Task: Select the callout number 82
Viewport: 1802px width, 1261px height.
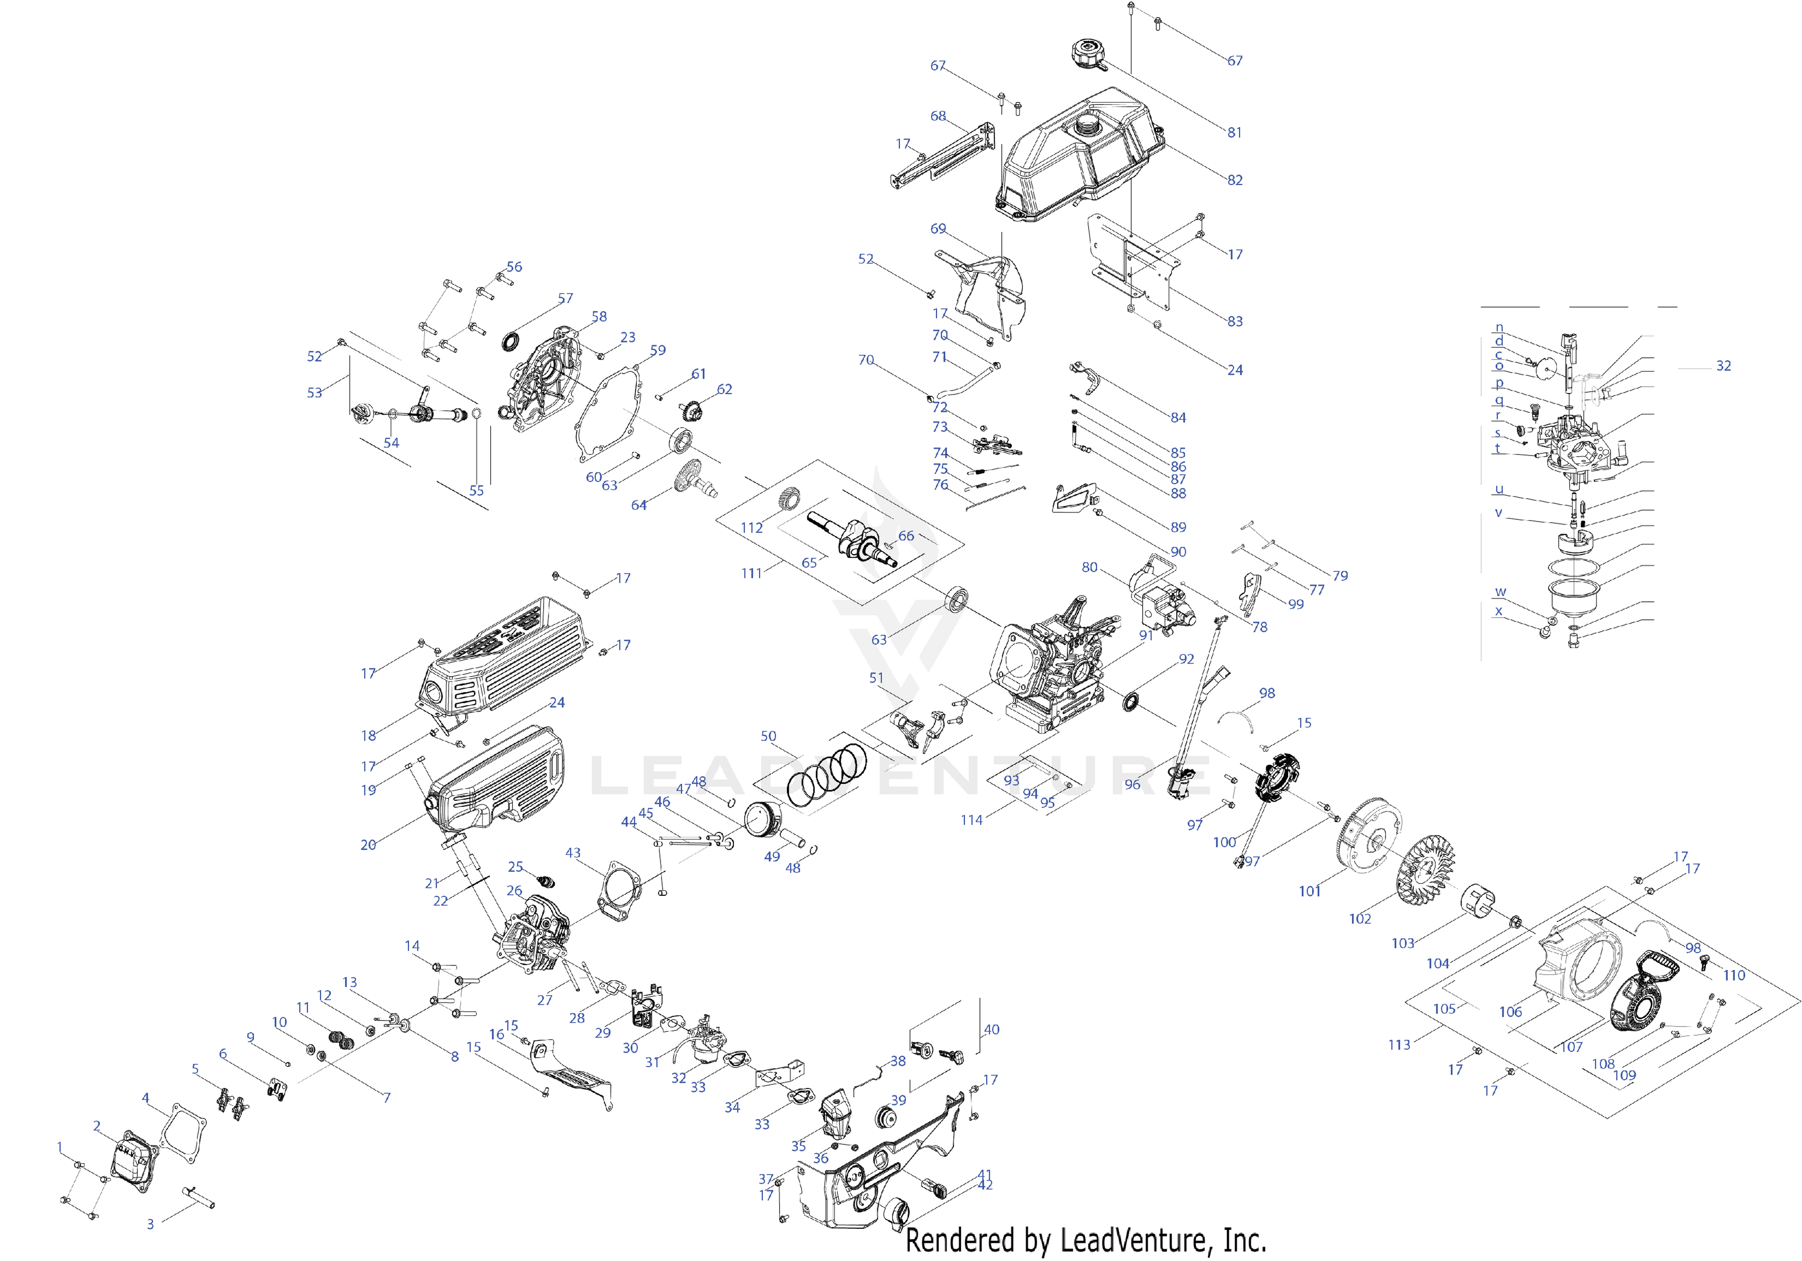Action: point(1235,180)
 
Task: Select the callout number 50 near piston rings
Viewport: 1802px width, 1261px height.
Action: point(768,736)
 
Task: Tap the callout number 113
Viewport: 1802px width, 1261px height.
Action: point(1399,1044)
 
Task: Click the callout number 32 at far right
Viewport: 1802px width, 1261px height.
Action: point(1724,366)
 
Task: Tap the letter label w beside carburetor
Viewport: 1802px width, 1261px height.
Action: point(1500,592)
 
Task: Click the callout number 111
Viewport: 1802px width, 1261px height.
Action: point(751,573)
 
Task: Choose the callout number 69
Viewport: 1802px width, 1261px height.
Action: point(938,228)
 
